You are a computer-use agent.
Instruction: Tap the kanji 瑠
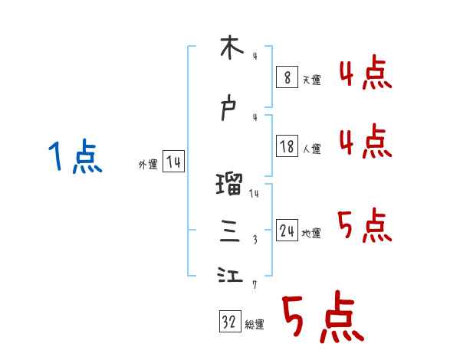click(230, 185)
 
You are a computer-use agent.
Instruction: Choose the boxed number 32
click(228, 323)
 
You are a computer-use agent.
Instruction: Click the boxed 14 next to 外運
click(173, 162)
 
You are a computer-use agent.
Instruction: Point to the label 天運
click(311, 80)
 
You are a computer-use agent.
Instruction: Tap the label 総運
click(254, 325)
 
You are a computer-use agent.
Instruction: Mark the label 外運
click(148, 164)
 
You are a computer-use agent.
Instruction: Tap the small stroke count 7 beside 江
click(255, 285)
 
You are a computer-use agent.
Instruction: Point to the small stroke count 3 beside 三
click(255, 240)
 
